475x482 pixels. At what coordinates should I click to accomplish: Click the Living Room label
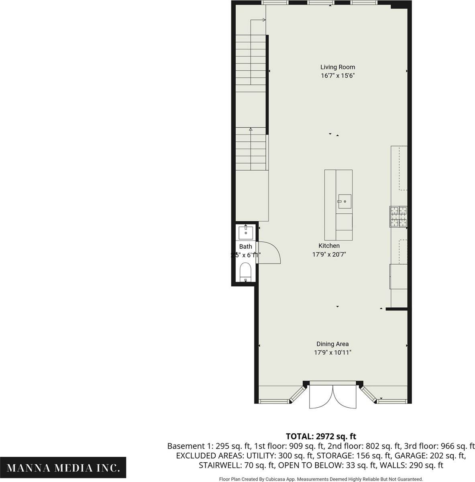click(338, 67)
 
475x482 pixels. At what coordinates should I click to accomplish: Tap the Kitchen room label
click(329, 246)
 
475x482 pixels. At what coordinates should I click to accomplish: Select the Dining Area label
click(332, 344)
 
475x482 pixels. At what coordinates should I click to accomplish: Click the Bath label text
click(245, 246)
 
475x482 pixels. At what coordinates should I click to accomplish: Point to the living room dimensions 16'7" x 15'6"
click(338, 76)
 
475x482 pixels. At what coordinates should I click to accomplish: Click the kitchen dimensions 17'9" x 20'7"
click(329, 254)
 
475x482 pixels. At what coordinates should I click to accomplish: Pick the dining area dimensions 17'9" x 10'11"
click(333, 352)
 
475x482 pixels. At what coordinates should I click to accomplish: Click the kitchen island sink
click(345, 201)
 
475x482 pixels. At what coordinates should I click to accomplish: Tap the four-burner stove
click(398, 216)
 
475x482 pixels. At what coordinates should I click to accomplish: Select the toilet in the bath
click(245, 272)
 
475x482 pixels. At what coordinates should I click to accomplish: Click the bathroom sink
click(246, 232)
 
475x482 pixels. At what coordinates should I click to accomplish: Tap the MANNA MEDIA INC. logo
click(63, 467)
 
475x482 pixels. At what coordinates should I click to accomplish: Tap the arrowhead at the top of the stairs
click(264, 20)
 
